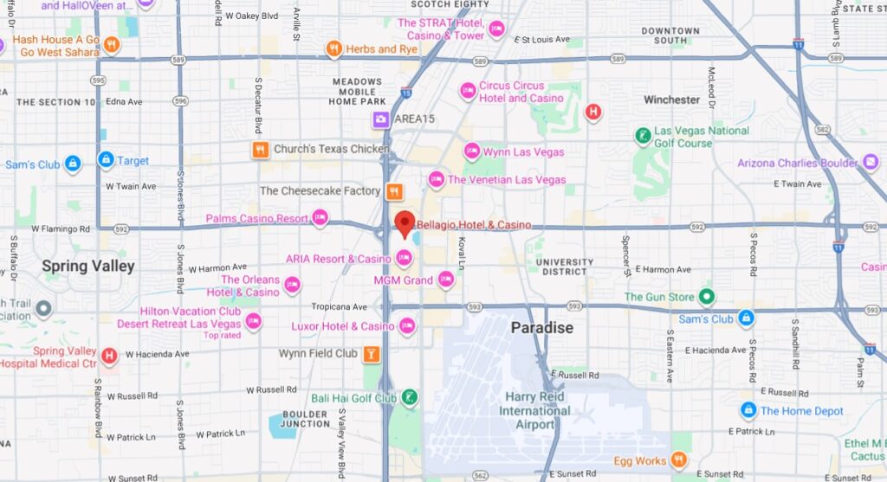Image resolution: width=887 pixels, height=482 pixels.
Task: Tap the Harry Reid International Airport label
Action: [x=534, y=410]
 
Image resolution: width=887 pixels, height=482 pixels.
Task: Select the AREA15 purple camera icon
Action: [x=380, y=119]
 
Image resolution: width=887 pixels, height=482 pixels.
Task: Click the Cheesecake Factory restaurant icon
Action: [x=394, y=191]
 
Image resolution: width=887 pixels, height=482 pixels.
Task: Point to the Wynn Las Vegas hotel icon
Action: [x=472, y=151]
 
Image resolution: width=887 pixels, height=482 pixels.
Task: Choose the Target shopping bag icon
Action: [x=106, y=160]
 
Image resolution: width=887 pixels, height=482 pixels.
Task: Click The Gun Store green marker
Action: [x=707, y=297]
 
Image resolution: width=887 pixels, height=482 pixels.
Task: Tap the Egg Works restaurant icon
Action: [x=680, y=460]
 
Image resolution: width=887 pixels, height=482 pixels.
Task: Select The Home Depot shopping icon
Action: [x=748, y=410]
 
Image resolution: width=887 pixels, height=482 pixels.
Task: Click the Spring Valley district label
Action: [x=88, y=266]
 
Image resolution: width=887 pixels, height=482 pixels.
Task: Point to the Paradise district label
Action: [x=541, y=327]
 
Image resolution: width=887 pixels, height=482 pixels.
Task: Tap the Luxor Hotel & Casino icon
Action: [x=406, y=326]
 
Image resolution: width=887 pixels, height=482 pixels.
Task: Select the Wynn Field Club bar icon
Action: [x=371, y=353]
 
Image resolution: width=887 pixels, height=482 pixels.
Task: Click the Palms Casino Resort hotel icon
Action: [x=320, y=218]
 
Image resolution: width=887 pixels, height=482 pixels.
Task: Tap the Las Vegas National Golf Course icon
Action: [x=643, y=137]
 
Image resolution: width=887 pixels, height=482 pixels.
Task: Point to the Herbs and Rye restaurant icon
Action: [x=333, y=49]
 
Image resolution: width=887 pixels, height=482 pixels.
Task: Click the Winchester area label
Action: [x=671, y=100]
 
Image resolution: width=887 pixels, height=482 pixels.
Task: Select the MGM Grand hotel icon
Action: [x=445, y=280]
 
